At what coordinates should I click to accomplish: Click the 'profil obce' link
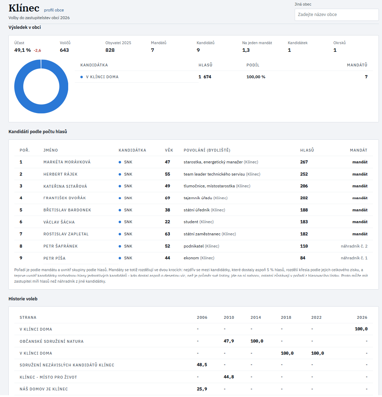click(54, 10)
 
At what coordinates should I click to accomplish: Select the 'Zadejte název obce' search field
click(336, 15)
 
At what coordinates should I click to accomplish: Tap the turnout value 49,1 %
click(23, 50)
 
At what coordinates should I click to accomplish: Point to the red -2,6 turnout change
click(38, 50)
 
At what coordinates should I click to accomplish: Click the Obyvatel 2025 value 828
click(110, 50)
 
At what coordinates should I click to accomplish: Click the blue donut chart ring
click(19, 87)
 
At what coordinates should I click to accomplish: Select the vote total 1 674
click(205, 77)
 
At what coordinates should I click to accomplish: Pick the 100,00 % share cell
click(256, 77)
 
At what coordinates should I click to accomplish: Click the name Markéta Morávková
click(67, 162)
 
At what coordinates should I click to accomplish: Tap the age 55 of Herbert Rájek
click(167, 174)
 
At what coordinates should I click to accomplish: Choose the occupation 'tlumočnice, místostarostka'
click(209, 186)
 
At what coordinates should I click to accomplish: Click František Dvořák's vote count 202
click(304, 198)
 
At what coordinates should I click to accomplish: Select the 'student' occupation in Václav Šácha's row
click(191, 222)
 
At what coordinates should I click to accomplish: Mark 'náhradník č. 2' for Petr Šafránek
click(354, 246)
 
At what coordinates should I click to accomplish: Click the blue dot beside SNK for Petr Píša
click(120, 258)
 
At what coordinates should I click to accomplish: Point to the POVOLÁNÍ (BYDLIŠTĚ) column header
click(207, 150)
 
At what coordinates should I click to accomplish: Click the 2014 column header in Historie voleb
click(256, 317)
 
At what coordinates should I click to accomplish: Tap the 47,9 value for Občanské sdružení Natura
click(229, 341)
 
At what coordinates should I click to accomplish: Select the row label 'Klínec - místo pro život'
click(48, 377)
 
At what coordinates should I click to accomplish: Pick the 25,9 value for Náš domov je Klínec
click(202, 389)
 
